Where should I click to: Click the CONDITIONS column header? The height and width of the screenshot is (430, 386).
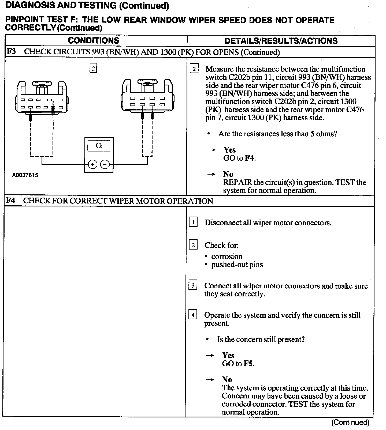[x=94, y=40]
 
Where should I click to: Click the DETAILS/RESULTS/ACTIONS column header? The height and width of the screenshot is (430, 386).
[x=281, y=41]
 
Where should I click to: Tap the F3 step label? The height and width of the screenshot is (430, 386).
[x=11, y=52]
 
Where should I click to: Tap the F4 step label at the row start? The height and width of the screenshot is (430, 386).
[x=10, y=201]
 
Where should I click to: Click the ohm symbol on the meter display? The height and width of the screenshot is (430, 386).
[x=99, y=146]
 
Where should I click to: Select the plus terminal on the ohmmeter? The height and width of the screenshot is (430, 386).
[x=92, y=164]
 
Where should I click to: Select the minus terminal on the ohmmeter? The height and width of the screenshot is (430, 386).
[x=105, y=164]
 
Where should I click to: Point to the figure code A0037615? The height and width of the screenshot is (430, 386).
[x=25, y=175]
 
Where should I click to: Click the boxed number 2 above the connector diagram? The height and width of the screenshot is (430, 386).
[x=93, y=68]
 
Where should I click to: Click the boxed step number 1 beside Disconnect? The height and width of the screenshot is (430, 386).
[x=193, y=222]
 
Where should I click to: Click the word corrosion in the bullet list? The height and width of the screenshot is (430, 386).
[x=227, y=257]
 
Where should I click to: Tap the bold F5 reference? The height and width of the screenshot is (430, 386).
[x=248, y=364]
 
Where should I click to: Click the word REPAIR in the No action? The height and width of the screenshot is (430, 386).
[x=237, y=183]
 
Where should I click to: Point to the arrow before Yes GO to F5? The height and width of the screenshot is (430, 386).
[x=210, y=356]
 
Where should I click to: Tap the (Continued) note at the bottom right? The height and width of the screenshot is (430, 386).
[x=350, y=423]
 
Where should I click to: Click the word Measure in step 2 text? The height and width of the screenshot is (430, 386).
[x=220, y=69]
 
